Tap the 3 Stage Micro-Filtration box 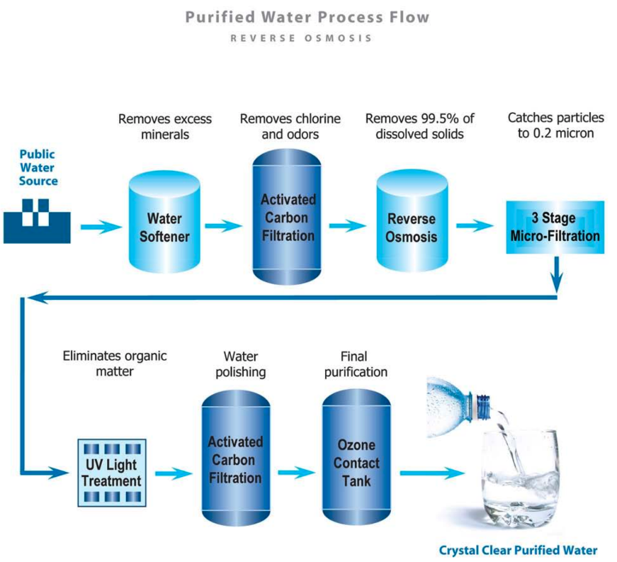(555, 227)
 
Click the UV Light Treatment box (111, 472)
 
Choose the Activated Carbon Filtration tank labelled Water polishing (235, 461)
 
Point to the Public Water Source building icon (37, 220)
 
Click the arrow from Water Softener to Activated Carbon (224, 226)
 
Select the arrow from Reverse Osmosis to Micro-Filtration (474, 226)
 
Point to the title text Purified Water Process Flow (307, 16)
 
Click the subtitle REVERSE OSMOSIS (301, 38)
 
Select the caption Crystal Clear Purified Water (518, 550)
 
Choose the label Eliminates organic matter (115, 363)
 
